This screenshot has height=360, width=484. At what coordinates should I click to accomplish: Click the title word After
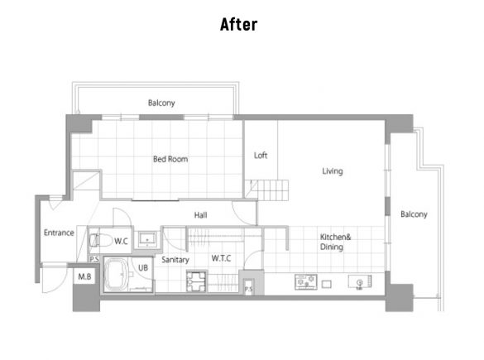tap(238, 24)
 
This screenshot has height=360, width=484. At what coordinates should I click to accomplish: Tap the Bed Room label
tap(170, 159)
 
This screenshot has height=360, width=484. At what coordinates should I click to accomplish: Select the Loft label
tap(261, 156)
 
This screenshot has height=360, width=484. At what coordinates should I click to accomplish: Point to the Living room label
tap(333, 171)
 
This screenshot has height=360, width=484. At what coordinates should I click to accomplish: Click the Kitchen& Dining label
tap(335, 242)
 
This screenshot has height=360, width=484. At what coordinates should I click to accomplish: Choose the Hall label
tap(201, 215)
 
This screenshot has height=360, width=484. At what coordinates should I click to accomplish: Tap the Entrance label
tap(59, 233)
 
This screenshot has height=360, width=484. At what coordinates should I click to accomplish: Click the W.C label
tap(121, 241)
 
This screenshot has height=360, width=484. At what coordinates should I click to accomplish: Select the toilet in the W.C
tap(101, 240)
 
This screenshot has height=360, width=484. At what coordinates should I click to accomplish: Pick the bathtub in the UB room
tap(116, 275)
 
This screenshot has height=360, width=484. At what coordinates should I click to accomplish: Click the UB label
tap(143, 267)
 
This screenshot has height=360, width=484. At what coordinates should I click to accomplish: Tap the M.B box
tap(84, 276)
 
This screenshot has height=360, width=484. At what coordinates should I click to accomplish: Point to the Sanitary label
tap(175, 260)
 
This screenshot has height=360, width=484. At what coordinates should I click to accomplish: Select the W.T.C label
tap(222, 258)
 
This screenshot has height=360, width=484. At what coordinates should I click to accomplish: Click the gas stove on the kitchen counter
tap(306, 282)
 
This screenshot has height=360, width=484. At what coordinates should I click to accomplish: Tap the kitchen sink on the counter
tap(360, 282)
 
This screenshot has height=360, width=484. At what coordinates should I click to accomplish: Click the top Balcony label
tap(161, 103)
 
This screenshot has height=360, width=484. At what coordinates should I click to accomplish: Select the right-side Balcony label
tap(414, 214)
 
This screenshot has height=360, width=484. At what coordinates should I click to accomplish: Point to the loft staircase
tap(266, 190)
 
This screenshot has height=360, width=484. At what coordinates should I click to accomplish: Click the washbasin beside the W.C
tap(147, 239)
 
